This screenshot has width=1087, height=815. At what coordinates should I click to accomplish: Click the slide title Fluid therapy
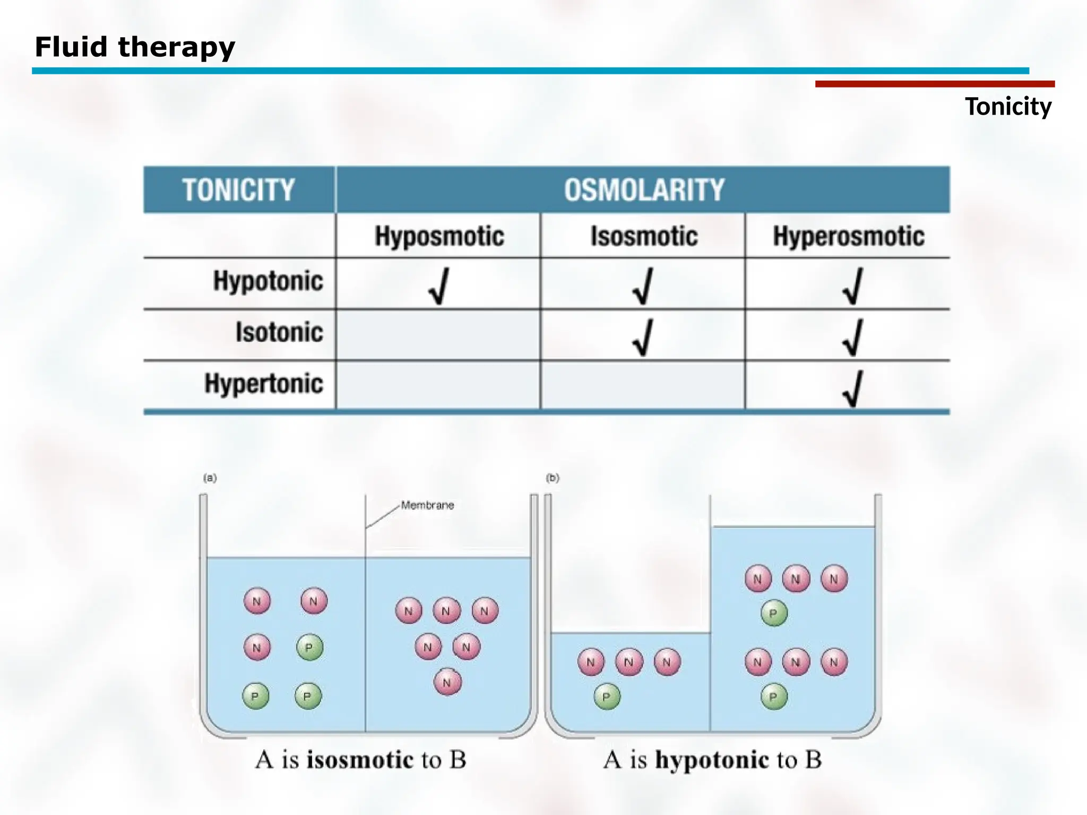[135, 47]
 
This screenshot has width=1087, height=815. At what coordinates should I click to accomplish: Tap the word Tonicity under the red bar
[1007, 107]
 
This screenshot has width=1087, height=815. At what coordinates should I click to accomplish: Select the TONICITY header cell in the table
[238, 190]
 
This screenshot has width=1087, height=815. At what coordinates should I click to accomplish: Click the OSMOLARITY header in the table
[643, 190]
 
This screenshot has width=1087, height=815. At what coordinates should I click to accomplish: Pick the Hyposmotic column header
[439, 236]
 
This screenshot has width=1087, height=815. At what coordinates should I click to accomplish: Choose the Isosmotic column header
[643, 236]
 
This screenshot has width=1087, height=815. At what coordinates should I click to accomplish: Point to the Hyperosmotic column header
[848, 236]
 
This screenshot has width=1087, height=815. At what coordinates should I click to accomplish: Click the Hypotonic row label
[268, 281]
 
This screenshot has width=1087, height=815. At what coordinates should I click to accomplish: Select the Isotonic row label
[279, 332]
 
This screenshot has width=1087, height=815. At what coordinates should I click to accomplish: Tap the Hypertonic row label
[264, 383]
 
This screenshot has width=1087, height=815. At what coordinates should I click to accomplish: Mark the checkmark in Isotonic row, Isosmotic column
[643, 337]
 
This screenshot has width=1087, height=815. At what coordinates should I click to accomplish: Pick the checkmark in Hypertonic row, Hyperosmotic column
[853, 388]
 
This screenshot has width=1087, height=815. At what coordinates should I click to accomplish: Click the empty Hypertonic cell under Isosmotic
[642, 385]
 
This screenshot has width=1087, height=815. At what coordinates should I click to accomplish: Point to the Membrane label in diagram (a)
[427, 505]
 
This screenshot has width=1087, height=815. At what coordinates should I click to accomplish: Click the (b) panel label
[553, 478]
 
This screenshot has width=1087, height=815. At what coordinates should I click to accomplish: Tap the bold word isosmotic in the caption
[360, 760]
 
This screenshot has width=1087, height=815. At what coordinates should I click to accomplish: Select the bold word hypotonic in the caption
[712, 760]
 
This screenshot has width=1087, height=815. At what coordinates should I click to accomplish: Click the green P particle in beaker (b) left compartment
[607, 697]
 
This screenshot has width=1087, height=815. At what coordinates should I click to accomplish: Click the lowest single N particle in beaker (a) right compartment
[447, 682]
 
